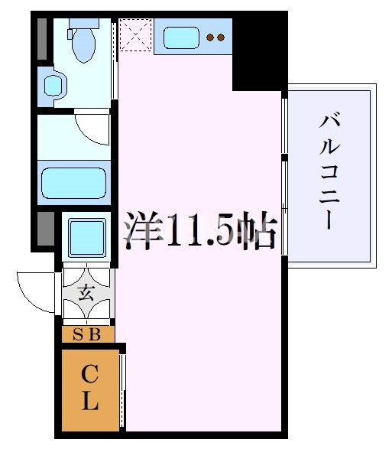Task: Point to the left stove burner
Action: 212,37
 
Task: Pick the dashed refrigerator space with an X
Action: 135,34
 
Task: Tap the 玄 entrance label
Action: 87,291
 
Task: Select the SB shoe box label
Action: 88,334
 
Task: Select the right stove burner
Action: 222,37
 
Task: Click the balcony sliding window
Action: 284,174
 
